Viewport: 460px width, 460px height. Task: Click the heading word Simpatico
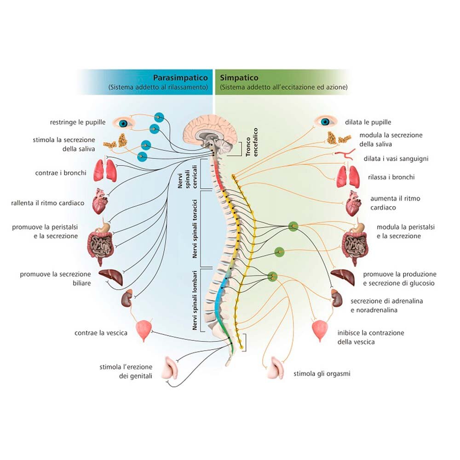(x=239, y=78)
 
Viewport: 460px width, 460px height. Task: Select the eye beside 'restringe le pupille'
(x=123, y=123)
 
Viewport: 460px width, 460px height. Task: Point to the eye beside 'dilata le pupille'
(x=325, y=121)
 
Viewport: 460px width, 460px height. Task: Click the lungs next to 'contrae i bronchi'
(x=105, y=171)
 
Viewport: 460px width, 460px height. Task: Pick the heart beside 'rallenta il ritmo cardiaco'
(x=100, y=202)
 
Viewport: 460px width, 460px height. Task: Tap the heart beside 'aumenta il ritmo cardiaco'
(x=353, y=203)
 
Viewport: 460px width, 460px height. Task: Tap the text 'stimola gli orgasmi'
(x=322, y=374)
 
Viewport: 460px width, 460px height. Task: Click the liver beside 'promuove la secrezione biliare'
(x=110, y=276)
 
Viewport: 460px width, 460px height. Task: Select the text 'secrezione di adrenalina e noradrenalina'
(x=386, y=305)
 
